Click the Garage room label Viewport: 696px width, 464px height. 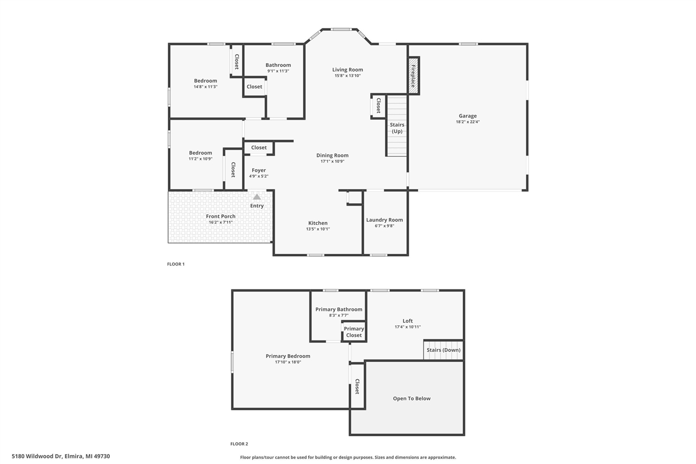[x=468, y=116]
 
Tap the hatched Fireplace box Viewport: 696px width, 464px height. [x=413, y=76]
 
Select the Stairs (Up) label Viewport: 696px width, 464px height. [x=397, y=128]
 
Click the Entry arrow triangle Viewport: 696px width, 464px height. [x=257, y=197]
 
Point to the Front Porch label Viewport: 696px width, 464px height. [x=221, y=216]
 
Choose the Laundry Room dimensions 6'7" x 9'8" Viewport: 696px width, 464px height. [x=384, y=226]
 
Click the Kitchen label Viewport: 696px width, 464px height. [x=318, y=223]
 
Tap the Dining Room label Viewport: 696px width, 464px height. [x=332, y=155]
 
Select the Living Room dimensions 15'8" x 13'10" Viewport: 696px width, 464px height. [x=347, y=76]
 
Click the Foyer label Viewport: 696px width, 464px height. [x=259, y=170]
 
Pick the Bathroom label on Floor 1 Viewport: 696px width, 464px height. [x=278, y=65]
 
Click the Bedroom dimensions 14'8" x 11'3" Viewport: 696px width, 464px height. [x=206, y=86]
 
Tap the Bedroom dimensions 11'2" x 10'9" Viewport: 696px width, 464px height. [x=200, y=159]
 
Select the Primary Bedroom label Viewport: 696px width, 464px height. [x=288, y=356]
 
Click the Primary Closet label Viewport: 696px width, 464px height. [x=354, y=332]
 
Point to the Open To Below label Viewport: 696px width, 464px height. [x=412, y=398]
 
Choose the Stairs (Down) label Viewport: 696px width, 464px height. [x=443, y=350]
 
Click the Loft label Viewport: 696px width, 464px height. [x=408, y=321]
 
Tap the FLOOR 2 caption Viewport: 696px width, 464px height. [x=239, y=444]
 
